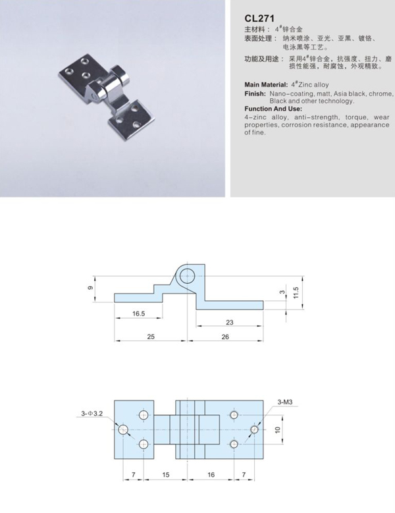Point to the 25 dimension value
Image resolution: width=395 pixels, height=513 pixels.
tap(151, 337)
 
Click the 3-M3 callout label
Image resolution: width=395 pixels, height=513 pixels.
tap(286, 401)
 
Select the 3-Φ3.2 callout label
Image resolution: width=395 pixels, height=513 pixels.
tap(92, 414)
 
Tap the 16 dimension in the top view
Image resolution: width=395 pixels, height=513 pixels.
tap(211, 473)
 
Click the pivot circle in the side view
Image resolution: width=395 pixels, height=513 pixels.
tap(188, 275)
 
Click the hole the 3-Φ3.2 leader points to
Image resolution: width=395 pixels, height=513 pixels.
tap(123, 429)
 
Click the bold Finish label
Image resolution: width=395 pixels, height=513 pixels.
tap(254, 94)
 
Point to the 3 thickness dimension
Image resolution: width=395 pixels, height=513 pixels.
tap(281, 292)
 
